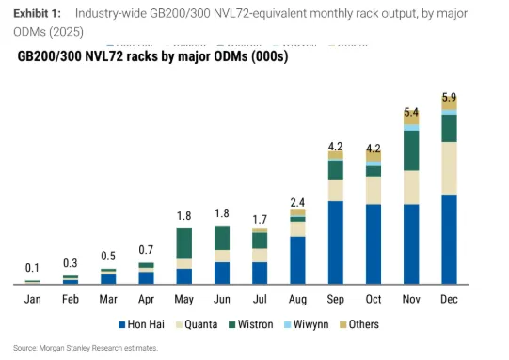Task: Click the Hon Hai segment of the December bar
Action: (449, 240)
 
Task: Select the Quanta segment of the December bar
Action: (449, 168)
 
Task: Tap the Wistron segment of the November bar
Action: (411, 150)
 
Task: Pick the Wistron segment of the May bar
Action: (184, 243)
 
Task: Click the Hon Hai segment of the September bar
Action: (336, 243)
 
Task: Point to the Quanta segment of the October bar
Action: (374, 191)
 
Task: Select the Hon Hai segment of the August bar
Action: (297, 260)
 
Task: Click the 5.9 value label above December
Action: (449, 97)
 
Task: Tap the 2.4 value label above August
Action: (297, 203)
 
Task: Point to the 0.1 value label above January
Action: (32, 268)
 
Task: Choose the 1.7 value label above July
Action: (260, 220)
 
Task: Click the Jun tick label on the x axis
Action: (222, 299)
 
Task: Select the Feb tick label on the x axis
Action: (71, 299)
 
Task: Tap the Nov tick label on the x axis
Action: (411, 299)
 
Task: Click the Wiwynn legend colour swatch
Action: (287, 324)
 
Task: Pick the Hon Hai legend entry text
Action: (146, 324)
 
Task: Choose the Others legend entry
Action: (359, 324)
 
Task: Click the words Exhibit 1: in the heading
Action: (37, 13)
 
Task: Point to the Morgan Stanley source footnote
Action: (86, 348)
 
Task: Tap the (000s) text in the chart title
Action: (270, 56)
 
